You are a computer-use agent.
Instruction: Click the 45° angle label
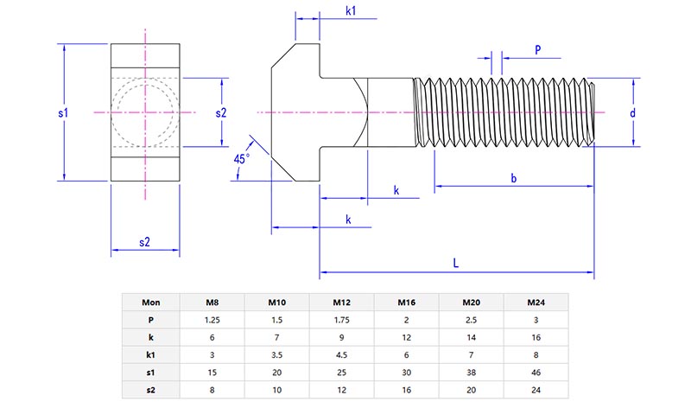[x=241, y=159]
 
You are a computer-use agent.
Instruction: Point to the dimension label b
[x=513, y=179]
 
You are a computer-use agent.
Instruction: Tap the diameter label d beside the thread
[x=632, y=113]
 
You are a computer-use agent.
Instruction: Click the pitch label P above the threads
[x=537, y=50]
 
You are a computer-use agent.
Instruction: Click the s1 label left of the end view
[x=63, y=112]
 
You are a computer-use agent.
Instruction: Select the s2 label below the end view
[x=145, y=243]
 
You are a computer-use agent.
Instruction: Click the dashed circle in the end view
[x=145, y=112]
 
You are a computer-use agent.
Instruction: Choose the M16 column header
[x=407, y=303]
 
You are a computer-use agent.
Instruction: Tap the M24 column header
[x=536, y=303]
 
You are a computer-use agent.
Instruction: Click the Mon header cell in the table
[x=150, y=303]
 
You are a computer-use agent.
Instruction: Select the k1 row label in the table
[x=150, y=354]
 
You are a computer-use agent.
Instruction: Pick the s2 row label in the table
[x=150, y=390]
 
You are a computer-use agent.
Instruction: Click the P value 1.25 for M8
[x=212, y=320]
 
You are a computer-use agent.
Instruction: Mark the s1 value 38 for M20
[x=472, y=373]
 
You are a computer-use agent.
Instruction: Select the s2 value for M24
[x=536, y=390]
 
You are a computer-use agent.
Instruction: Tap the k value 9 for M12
[x=342, y=337]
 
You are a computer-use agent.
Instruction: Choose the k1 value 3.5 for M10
[x=277, y=354]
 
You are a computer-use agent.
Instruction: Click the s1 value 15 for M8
[x=212, y=373]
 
